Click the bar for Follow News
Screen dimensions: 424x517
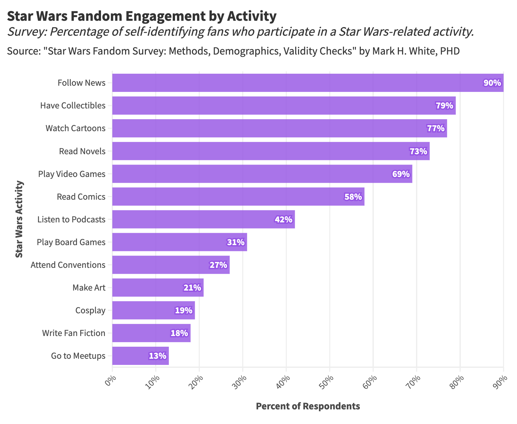(308, 83)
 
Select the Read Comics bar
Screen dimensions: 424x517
(238, 196)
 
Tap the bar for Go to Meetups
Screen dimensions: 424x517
(140, 356)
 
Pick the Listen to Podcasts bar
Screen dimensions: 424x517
(203, 219)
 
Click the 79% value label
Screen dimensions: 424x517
(444, 106)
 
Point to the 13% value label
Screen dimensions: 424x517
(158, 356)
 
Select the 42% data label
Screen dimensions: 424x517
(284, 220)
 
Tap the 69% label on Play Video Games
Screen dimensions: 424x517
(401, 174)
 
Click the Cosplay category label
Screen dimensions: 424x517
(90, 311)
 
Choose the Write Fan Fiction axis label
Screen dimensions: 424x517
(74, 333)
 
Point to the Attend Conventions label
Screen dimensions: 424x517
(68, 265)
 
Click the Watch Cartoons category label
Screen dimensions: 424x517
(75, 129)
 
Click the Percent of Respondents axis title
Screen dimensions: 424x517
(308, 406)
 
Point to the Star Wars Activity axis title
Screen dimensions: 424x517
(19, 219)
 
